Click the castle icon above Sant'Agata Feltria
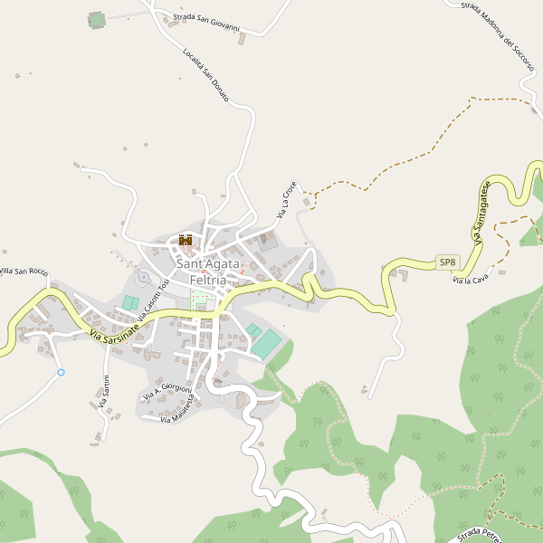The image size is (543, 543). [186, 240]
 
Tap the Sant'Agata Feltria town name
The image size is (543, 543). [207, 271]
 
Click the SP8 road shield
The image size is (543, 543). [447, 262]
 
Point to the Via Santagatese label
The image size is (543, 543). [481, 214]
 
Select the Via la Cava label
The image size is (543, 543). [470, 276]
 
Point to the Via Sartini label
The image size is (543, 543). [105, 392]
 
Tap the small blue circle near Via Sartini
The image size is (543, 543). [62, 372]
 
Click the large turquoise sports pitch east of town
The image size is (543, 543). [267, 343]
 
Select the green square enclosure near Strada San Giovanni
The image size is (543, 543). [97, 20]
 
